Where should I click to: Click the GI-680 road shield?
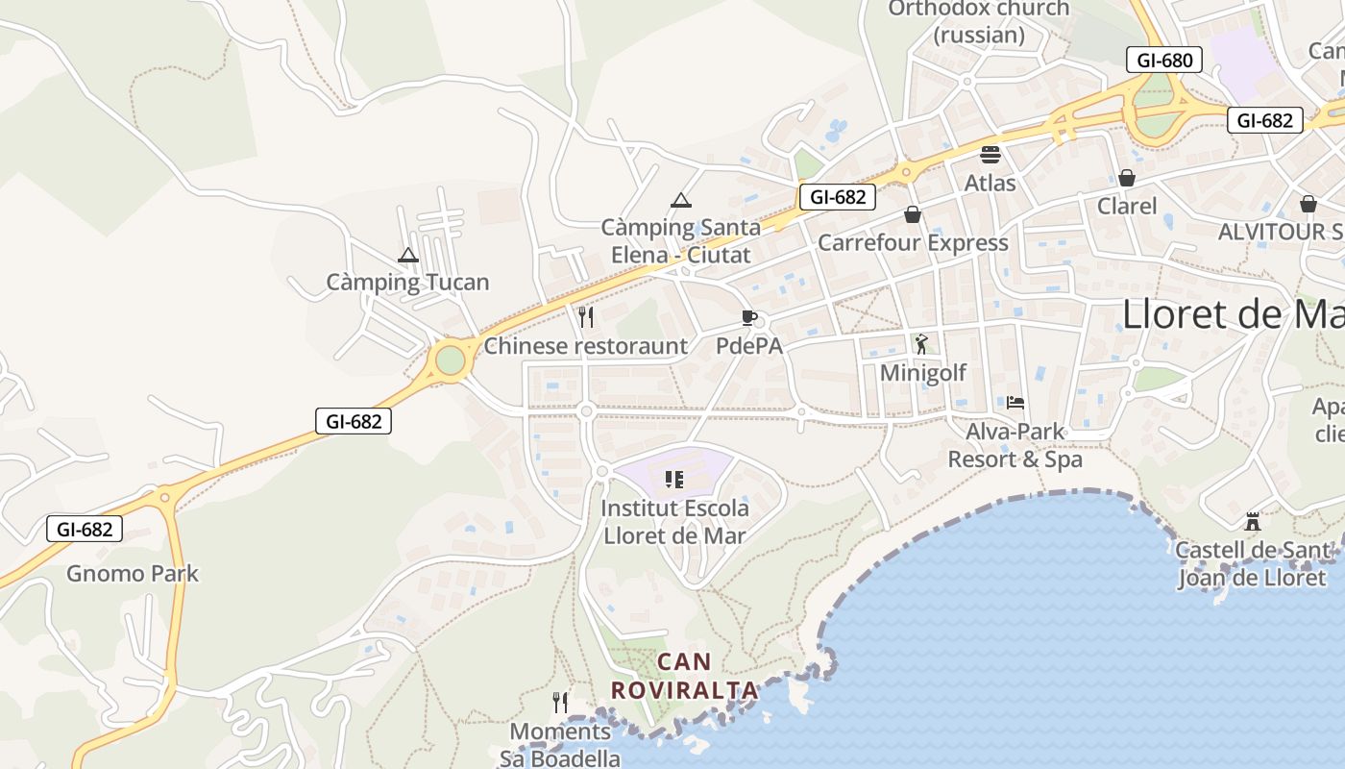[x=1164, y=61]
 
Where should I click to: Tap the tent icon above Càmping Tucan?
[x=408, y=256]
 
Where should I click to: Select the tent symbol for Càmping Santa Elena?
[x=681, y=200]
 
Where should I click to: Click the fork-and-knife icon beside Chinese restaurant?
[x=586, y=316]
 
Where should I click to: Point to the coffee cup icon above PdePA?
[x=749, y=317]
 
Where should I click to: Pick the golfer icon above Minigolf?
[x=922, y=343]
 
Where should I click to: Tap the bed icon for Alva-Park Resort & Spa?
[x=1015, y=402]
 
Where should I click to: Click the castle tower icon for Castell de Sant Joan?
[x=1252, y=522]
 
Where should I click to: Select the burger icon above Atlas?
[x=990, y=154]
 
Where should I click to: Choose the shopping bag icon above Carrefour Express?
[x=912, y=213]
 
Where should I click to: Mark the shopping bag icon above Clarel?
[x=1127, y=178]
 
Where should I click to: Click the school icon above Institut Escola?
[x=674, y=479]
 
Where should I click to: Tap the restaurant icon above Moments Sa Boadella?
[x=561, y=703]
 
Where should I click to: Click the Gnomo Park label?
[x=133, y=574]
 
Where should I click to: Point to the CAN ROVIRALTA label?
[x=685, y=676]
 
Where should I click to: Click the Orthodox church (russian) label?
[x=978, y=22]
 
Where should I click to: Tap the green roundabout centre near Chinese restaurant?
[x=450, y=361]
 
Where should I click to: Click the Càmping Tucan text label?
[x=408, y=283]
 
